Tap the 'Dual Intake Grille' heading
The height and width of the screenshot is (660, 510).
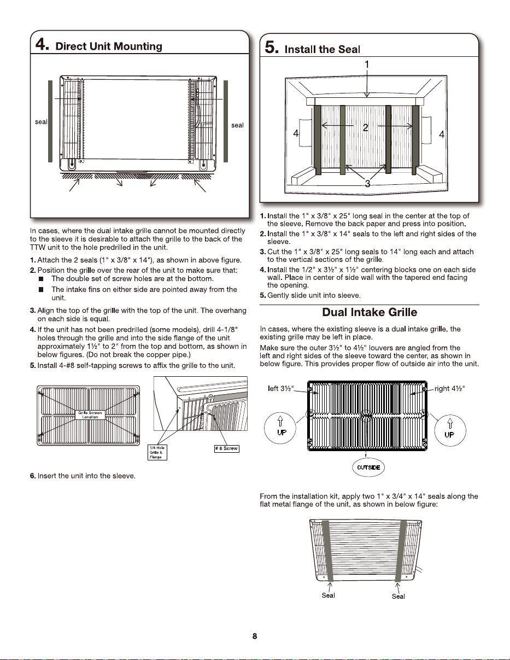point(370,312)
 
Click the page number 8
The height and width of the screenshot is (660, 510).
point(255,636)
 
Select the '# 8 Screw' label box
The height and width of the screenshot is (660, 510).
point(226,448)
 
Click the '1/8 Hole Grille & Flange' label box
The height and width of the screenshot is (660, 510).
point(157,452)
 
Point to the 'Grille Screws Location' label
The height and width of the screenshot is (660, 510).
point(90,415)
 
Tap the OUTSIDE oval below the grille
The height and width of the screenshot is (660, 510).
point(368,468)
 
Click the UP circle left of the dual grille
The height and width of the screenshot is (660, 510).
point(280,428)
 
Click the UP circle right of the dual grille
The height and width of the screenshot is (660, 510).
point(450,430)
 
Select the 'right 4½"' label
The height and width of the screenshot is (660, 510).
point(449,388)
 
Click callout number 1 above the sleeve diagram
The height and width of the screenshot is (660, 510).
point(367,65)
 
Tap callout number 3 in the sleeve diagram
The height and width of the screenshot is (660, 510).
point(367,183)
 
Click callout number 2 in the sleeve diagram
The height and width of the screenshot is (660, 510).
point(366,127)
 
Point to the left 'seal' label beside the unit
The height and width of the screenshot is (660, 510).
point(41,122)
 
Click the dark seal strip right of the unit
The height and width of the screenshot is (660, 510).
point(226,121)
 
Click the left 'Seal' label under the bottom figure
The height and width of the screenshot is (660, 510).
point(328,595)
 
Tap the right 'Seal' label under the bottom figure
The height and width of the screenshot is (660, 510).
point(398,596)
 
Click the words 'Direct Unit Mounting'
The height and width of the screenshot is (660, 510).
point(109,46)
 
